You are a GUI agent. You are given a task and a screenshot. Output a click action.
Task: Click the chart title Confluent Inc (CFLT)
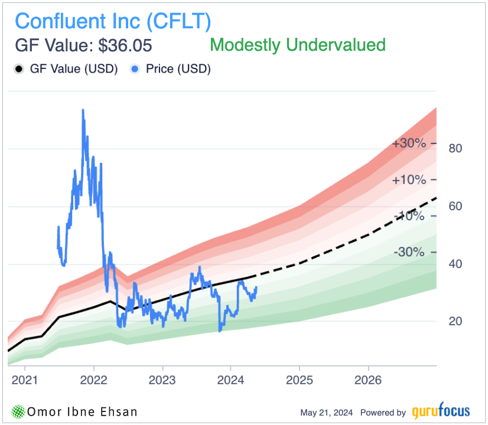tap(113, 21)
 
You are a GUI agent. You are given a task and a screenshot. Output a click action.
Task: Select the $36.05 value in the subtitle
tap(125, 45)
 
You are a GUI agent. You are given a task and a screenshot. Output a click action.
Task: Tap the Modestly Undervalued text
tap(298, 45)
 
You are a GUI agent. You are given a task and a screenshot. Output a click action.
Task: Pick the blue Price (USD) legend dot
tap(135, 69)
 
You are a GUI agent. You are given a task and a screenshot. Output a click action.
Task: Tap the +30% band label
tap(408, 143)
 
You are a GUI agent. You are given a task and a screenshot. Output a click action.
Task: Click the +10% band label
tap(408, 180)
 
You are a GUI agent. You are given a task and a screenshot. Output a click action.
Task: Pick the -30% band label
tap(409, 252)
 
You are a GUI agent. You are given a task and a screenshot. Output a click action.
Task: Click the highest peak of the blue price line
tap(83, 110)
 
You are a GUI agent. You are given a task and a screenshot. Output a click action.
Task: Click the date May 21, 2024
tap(327, 413)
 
